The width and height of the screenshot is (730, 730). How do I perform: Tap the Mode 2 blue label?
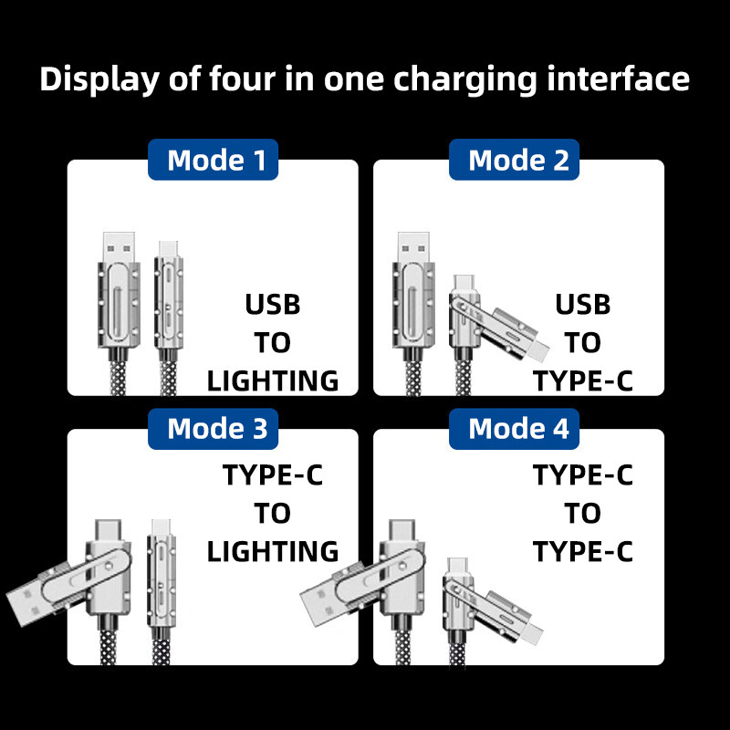517,161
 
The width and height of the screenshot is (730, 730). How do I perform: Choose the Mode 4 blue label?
517,428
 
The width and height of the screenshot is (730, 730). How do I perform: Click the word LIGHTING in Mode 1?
273,381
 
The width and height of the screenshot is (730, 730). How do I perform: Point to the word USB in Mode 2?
582,304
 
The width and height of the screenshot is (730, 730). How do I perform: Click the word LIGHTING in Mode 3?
273,551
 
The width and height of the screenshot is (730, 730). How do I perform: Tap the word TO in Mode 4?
582,514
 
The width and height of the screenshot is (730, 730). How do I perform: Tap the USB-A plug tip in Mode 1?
117,245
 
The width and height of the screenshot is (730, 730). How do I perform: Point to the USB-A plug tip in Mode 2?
412,245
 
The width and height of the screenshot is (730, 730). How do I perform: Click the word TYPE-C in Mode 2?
582,381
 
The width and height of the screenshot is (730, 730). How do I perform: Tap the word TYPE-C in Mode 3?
273,475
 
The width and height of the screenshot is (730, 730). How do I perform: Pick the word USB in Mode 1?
273,304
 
